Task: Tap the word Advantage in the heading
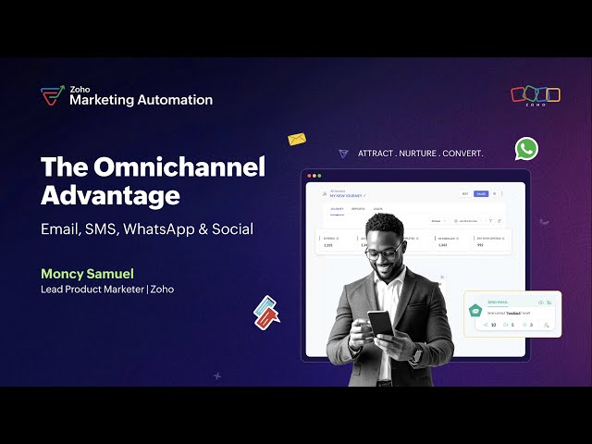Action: click(110, 195)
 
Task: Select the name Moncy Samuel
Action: click(88, 274)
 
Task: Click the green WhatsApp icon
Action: click(526, 148)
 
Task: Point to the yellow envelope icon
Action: click(296, 140)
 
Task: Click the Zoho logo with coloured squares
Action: click(536, 95)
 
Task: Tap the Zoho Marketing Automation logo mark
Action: click(52, 95)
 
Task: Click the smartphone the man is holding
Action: click(380, 323)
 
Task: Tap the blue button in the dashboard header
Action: click(481, 194)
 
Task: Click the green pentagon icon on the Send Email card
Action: click(475, 309)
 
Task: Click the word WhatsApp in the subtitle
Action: click(172, 228)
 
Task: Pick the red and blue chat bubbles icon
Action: click(266, 312)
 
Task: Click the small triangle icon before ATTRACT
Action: click(344, 153)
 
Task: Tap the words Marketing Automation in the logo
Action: click(141, 100)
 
